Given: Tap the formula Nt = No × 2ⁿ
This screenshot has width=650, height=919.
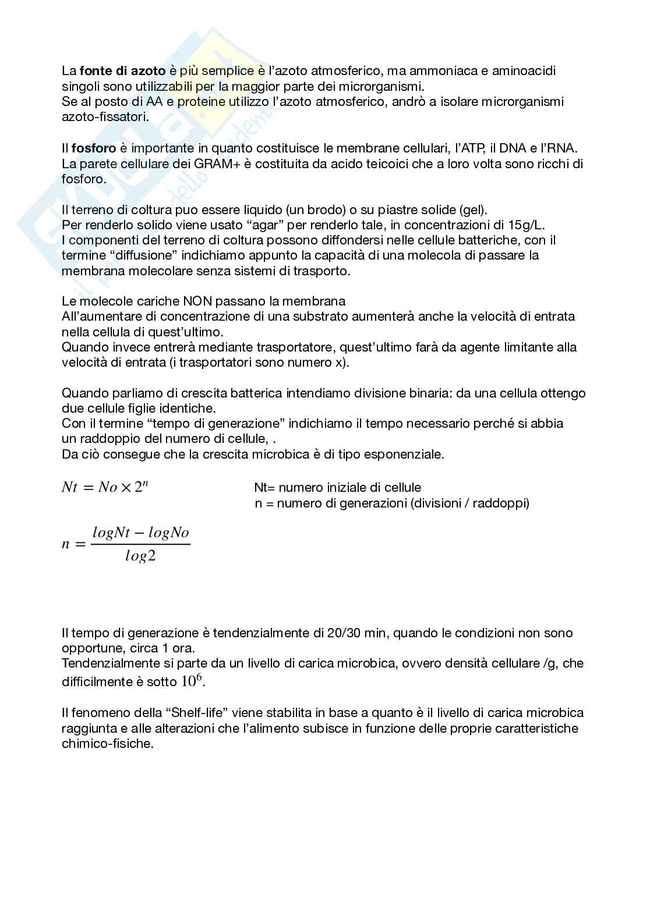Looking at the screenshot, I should [x=105, y=487].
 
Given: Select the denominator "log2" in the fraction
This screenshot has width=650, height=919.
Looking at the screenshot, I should [x=140, y=556].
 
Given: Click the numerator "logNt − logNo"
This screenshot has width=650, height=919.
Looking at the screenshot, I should [x=140, y=533].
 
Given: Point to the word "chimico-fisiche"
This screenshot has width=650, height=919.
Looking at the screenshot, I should [x=107, y=744].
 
